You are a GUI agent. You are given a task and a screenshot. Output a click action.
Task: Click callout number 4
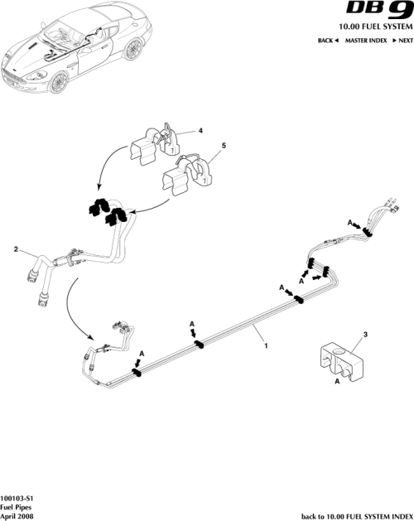tap(200, 130)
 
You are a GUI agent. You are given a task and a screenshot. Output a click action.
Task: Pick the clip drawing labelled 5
tap(187, 175)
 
